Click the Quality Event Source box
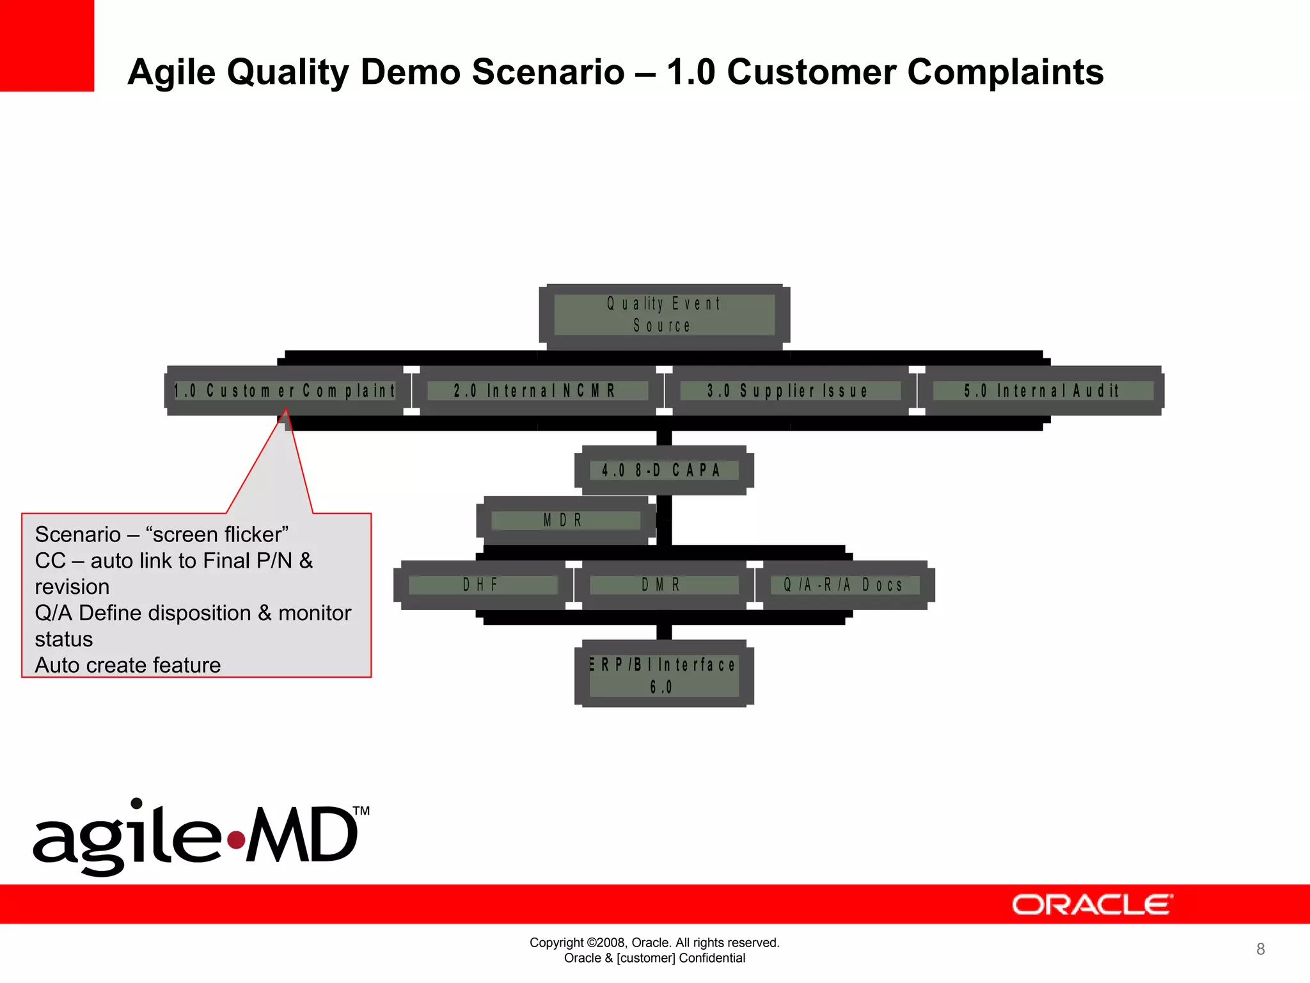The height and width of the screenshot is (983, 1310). point(664,315)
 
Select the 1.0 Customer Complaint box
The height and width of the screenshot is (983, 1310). point(285,390)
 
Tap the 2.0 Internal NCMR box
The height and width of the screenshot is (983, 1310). point(536,390)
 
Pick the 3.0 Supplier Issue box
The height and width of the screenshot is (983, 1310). point(789,390)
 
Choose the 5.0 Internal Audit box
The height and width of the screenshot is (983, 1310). point(1043,390)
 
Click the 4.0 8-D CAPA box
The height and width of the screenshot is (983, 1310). point(664,470)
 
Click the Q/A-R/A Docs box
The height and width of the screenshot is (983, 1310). point(844,584)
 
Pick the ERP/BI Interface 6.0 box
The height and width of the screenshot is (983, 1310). point(664,675)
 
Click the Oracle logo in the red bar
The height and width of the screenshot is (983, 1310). point(1091,904)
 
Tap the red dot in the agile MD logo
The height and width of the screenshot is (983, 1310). point(237,839)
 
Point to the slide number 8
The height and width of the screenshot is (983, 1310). point(1260,948)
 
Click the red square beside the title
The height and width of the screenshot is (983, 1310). point(47,45)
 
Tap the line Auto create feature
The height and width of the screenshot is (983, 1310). point(128,665)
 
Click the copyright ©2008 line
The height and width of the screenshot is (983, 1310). point(654,942)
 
